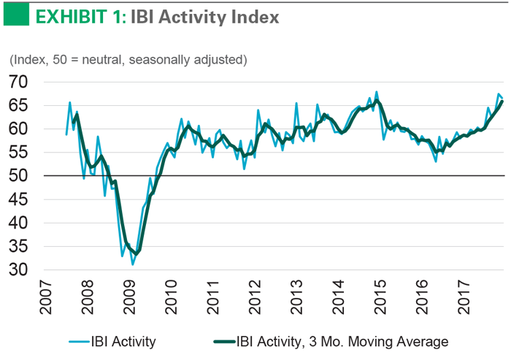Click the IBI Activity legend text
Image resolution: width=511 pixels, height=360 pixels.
pyautogui.click(x=123, y=341)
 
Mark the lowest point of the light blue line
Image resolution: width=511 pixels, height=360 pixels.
pyautogui.click(x=133, y=264)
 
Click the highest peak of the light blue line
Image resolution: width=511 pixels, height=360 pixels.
pyautogui.click(x=377, y=92)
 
